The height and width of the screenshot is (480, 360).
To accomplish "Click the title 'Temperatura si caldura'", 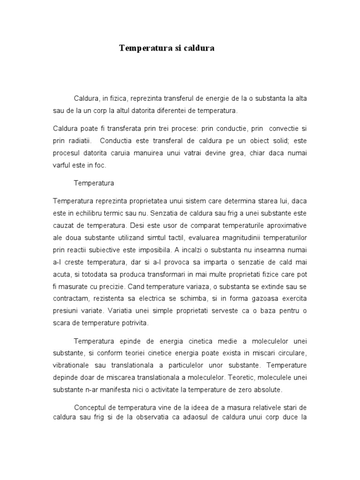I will pos(166,48).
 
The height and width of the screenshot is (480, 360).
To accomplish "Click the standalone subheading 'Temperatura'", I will pos(94,182).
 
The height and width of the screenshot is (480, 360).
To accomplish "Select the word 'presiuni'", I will pos(65,311).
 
